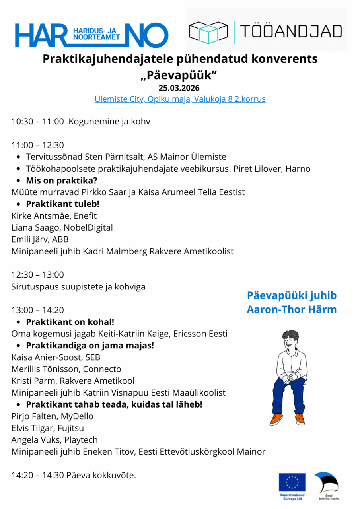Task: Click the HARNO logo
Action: point(91,35)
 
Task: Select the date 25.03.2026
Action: point(179,88)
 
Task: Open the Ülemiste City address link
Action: point(180,99)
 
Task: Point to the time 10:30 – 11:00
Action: point(37,121)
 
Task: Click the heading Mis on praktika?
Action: point(62,180)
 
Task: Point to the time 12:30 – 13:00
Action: point(37,275)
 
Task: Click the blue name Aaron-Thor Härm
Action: point(292,309)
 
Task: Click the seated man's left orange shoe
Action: point(276,419)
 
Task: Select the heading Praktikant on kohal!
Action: point(70,322)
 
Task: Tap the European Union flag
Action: point(292,482)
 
